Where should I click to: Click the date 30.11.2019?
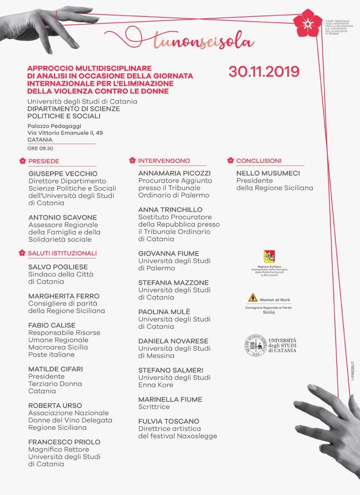[x=264, y=71]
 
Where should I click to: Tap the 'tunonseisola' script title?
[x=203, y=42]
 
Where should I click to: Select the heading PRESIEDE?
[x=44, y=161]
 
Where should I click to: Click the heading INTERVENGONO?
[x=164, y=161]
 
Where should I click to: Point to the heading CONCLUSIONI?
[x=259, y=161]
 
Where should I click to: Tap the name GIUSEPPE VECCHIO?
[x=63, y=174]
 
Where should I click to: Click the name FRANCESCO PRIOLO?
[x=64, y=442]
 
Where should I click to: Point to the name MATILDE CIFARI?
[x=56, y=369]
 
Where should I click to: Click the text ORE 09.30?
[x=40, y=148]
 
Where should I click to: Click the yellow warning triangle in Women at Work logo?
[x=252, y=297]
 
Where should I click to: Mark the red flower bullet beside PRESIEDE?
[x=21, y=161]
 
